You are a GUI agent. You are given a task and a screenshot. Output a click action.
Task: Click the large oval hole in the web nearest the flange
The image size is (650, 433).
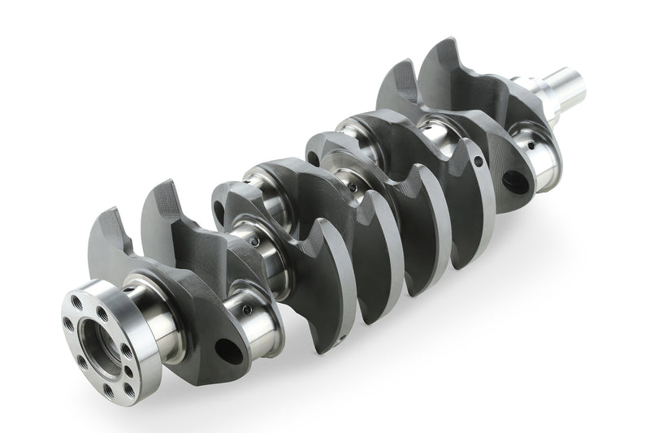click(229, 350)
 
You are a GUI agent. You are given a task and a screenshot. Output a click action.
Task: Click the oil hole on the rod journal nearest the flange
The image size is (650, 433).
click(254, 241)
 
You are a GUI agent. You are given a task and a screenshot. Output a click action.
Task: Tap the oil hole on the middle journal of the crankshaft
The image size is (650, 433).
click(353, 188)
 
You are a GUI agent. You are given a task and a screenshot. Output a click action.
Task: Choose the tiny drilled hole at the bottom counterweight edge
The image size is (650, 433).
click(344, 336)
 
